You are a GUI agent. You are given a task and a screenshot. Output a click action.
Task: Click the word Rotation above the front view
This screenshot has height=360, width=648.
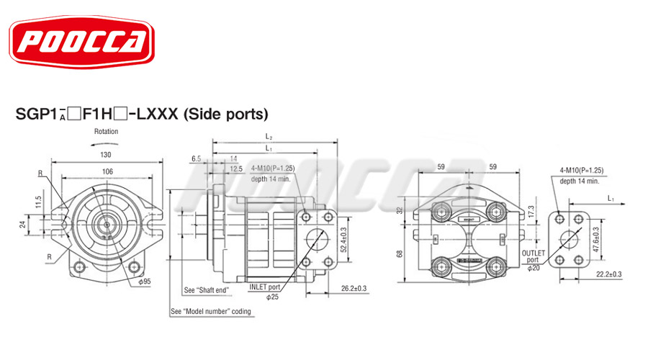point(106,132)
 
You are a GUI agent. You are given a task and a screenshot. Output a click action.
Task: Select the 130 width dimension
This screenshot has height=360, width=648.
point(106,155)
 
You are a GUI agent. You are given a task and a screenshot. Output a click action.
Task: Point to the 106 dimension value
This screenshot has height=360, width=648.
point(107,171)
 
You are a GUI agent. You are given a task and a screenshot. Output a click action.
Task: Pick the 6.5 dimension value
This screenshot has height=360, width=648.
point(196,158)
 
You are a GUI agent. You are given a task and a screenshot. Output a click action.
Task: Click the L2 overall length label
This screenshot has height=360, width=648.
point(269,136)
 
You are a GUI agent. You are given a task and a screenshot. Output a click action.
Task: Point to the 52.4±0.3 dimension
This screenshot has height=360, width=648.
point(344,240)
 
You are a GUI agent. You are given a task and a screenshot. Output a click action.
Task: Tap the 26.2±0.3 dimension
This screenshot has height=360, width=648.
point(353,289)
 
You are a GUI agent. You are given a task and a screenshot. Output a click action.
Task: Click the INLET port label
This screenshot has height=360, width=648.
point(264,287)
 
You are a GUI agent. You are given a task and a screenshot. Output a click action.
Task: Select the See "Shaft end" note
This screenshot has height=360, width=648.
point(206,291)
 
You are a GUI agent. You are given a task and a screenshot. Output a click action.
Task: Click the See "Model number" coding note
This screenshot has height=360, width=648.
point(210,312)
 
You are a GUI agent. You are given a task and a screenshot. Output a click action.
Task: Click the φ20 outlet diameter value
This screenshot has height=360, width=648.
point(533,269)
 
